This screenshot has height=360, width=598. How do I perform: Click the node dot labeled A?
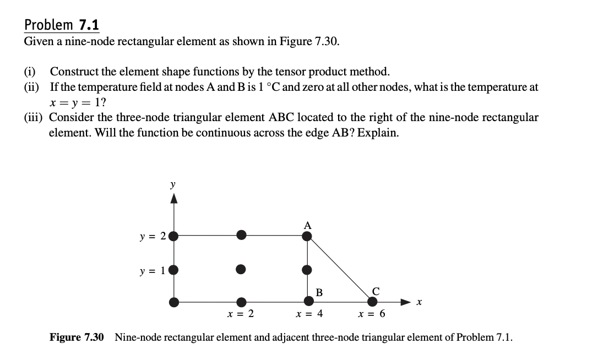coord(307,236)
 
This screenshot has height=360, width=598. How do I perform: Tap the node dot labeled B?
coord(309,301)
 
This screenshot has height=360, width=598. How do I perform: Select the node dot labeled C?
coord(373,301)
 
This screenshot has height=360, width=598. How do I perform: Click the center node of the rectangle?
coord(241,270)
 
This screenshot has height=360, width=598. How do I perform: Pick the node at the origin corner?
coord(174,302)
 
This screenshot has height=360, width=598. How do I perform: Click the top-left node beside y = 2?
coord(174,237)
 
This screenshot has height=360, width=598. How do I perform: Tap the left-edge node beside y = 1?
coord(174,270)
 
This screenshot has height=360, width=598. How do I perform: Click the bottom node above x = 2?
coord(241,302)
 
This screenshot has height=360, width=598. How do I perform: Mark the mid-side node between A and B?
coord(307,270)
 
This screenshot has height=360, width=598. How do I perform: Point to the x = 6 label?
coord(372,315)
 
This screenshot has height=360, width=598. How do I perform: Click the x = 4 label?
coord(309,315)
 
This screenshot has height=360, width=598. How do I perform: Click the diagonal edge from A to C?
coord(340,269)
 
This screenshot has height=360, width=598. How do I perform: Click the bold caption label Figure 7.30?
coord(77,337)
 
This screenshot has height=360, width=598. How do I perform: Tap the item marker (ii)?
coord(32,87)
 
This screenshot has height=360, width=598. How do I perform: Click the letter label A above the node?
coord(307,225)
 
